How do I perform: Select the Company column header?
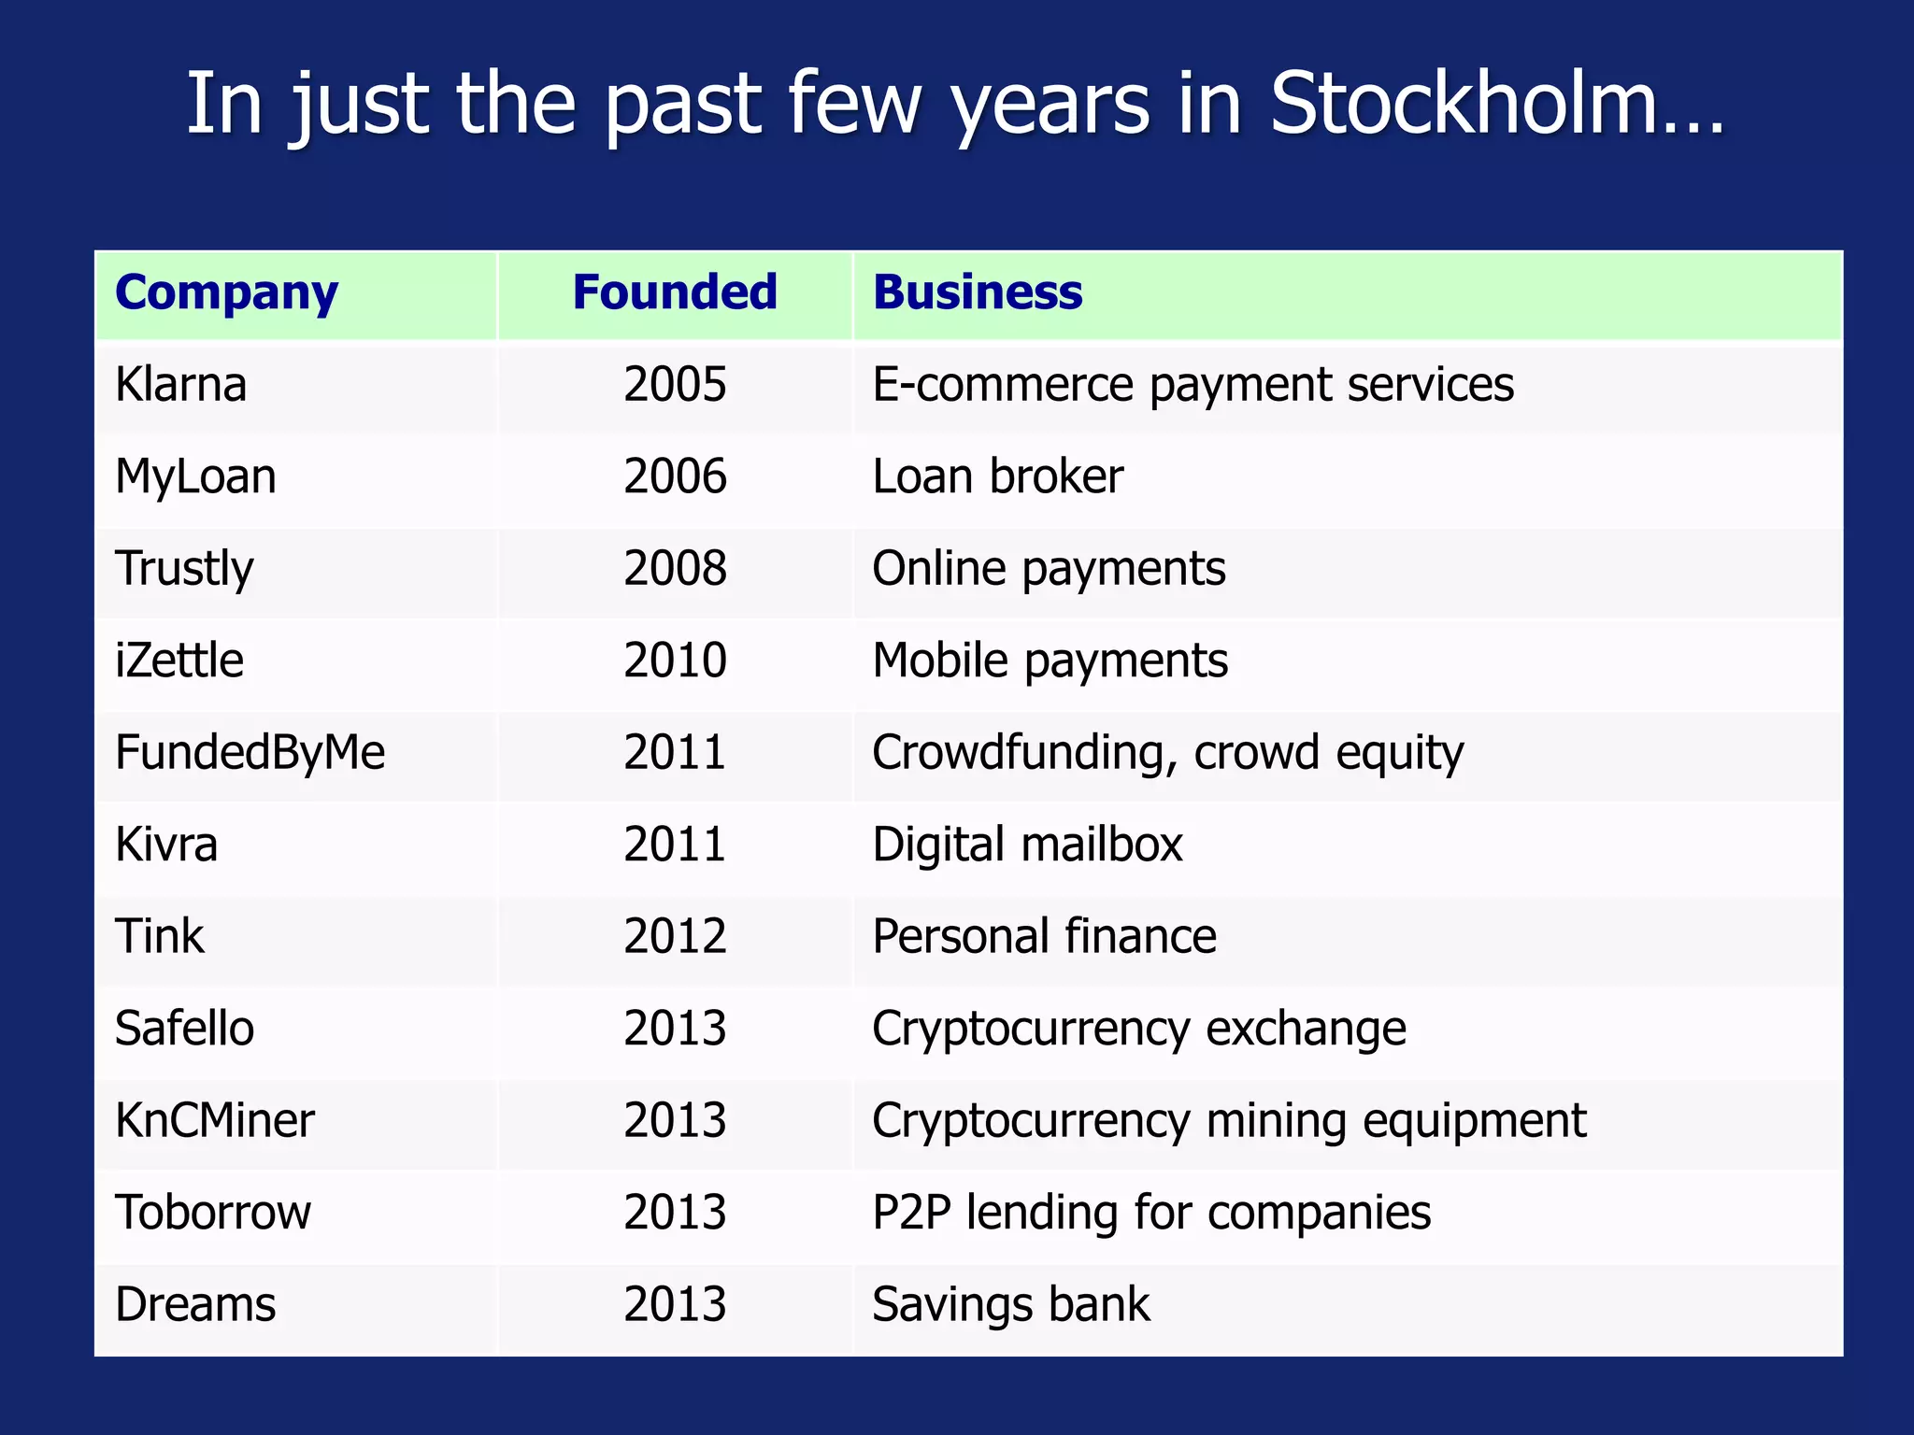point(226,292)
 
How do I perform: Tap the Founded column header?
point(675,292)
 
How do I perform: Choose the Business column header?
point(978,292)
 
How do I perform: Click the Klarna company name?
point(181,384)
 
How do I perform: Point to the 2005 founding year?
point(675,384)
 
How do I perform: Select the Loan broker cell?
point(997,476)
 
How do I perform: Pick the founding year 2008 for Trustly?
point(675,568)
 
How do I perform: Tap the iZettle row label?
point(179,661)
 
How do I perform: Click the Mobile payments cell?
point(1050,661)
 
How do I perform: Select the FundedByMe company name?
point(250,752)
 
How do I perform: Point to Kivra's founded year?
point(675,845)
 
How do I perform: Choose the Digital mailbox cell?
point(1027,845)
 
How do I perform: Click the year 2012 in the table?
point(675,936)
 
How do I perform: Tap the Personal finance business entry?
point(1044,936)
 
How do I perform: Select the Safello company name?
point(184,1028)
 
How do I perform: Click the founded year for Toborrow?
point(675,1212)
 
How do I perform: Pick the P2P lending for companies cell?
point(1150,1212)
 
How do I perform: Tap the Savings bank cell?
point(1010,1304)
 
